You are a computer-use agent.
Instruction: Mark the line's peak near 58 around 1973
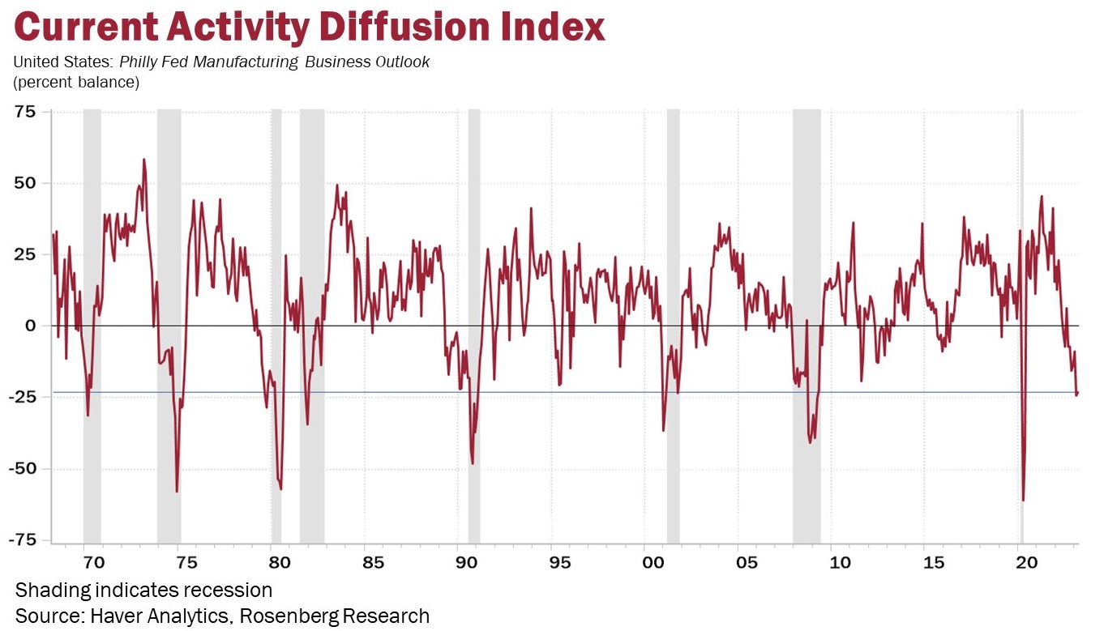click(143, 160)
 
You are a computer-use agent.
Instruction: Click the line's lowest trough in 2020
click(1023, 500)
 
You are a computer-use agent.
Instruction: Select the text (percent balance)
click(76, 82)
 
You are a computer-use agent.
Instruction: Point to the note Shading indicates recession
click(143, 589)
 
